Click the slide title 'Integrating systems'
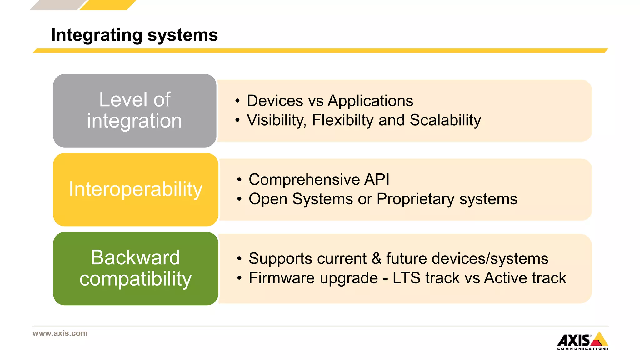(x=134, y=35)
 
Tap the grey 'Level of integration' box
(x=135, y=110)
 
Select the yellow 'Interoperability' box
(x=136, y=189)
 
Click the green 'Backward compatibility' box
(x=136, y=268)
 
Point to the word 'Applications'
(x=370, y=101)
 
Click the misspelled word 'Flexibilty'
(x=342, y=120)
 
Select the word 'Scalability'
(x=445, y=120)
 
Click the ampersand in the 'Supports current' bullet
(x=376, y=259)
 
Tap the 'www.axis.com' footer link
(x=60, y=333)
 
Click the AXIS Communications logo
(x=582, y=341)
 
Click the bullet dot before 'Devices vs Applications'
(x=237, y=101)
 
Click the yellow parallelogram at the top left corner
(x=108, y=5)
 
